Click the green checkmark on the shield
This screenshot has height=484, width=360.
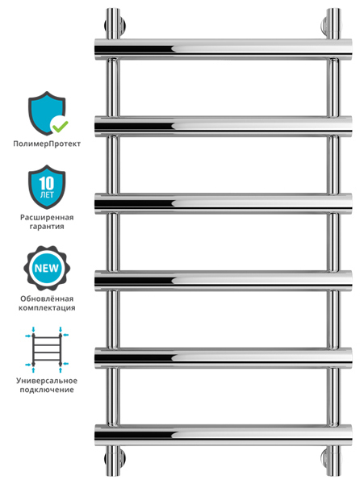pyautogui.click(x=61, y=125)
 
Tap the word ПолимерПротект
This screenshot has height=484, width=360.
pyautogui.click(x=47, y=144)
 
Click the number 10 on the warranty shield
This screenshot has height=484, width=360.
pyautogui.click(x=47, y=183)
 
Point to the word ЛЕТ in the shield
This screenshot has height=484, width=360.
pyautogui.click(x=47, y=194)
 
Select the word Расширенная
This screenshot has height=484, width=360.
pyautogui.click(x=47, y=217)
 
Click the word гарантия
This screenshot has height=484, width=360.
pyautogui.click(x=47, y=226)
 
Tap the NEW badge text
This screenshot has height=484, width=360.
pyautogui.click(x=46, y=268)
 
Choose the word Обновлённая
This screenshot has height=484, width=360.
pyautogui.click(x=47, y=298)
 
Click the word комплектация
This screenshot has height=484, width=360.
pyautogui.click(x=47, y=308)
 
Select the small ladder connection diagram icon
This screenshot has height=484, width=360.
pyautogui.click(x=47, y=350)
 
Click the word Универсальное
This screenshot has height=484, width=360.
pyautogui.click(x=47, y=381)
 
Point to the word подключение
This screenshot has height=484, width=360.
pyautogui.click(x=47, y=390)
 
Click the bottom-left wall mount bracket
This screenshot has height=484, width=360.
pyautogui.click(x=114, y=460)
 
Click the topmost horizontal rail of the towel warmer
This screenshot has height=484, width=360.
pyautogui.click(x=223, y=48)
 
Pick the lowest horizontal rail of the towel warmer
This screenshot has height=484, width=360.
pyautogui.click(x=223, y=435)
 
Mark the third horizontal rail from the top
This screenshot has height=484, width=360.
pyautogui.click(x=223, y=203)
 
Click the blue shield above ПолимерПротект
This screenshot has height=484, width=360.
pyautogui.click(x=46, y=113)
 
